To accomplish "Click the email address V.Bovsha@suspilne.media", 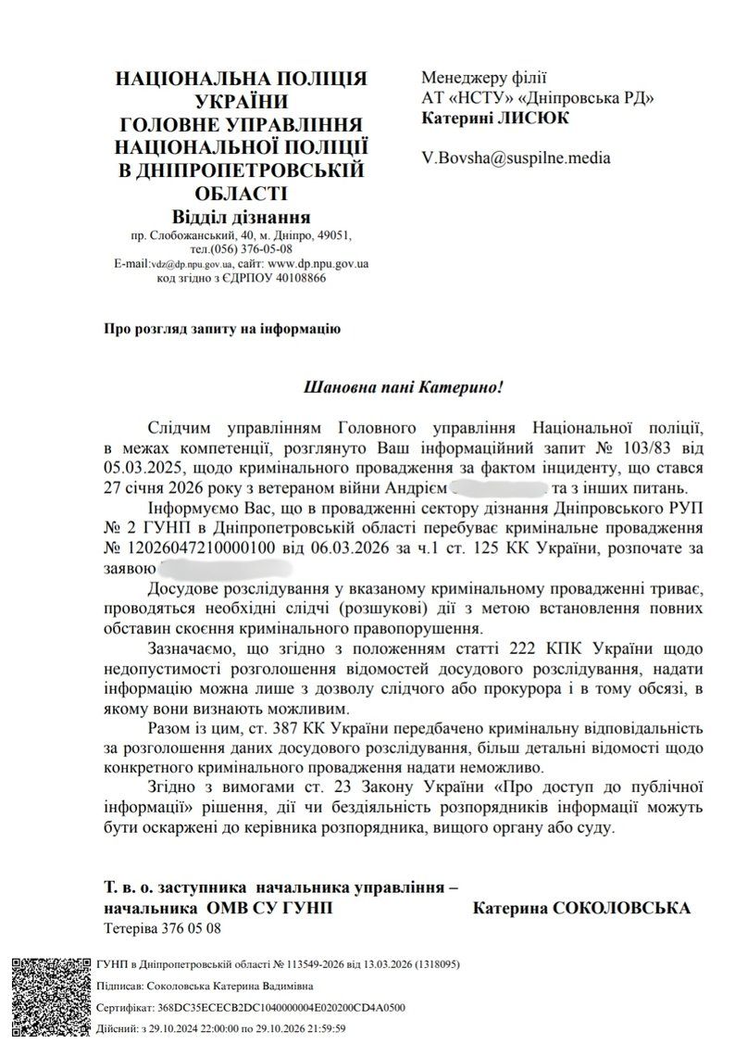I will tap(516, 157).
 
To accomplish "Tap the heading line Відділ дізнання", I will tap(241, 217).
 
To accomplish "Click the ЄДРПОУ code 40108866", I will tap(295, 278).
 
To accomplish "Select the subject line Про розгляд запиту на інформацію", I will tap(222, 328).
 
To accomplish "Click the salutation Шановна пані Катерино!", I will tap(407, 385).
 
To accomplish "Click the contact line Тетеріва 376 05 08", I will tap(162, 927).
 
